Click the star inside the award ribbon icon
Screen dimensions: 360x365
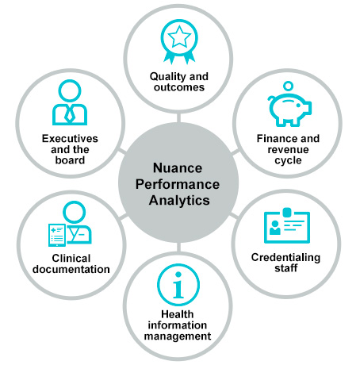179,36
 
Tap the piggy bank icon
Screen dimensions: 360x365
289,109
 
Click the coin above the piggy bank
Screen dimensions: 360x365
288,86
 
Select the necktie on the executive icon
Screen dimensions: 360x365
69,115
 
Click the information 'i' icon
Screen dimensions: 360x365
178,285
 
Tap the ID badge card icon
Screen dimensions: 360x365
287,226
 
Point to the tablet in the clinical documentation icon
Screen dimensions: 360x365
57,235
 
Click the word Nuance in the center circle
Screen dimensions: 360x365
178,168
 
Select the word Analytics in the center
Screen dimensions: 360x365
179,201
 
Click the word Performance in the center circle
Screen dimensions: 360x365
178,184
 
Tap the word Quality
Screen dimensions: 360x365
168,77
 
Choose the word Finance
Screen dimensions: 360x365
274,139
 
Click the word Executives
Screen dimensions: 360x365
70,139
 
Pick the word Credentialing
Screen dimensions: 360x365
285,258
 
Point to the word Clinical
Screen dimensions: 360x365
71,258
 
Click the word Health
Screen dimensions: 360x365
178,314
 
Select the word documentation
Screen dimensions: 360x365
71,269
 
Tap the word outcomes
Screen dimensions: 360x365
179,87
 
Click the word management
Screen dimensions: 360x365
178,336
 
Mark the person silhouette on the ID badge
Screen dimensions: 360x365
275,228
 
